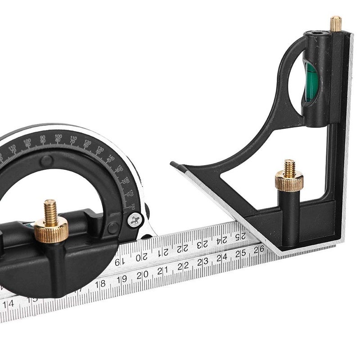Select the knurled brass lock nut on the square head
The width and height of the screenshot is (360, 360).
(289, 181)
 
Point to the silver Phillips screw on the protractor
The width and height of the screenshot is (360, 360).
(134, 220)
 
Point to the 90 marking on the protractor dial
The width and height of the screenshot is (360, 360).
(43, 139)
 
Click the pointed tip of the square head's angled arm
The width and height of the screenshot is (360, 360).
(172, 163)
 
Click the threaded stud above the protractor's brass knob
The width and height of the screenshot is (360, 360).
(50, 208)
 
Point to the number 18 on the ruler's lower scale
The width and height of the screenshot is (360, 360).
(100, 283)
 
